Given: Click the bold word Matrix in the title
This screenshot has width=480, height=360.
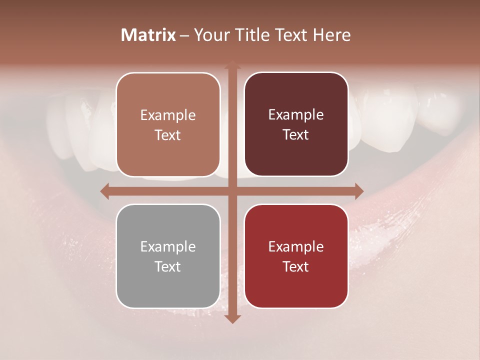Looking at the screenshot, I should click(148, 35).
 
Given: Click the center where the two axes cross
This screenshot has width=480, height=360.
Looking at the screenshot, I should click(232, 191).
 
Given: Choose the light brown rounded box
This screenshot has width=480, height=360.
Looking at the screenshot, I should click(168, 124).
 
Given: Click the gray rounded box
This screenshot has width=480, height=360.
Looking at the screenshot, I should click(168, 256).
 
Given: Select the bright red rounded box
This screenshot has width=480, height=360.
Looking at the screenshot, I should click(296, 256).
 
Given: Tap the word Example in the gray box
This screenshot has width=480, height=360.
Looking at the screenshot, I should click(168, 246).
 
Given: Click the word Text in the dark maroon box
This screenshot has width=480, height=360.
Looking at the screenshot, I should click(296, 134).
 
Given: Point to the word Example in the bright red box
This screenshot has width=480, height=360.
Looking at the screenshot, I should click(296, 246).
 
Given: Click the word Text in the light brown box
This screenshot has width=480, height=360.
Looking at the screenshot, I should click(168, 135).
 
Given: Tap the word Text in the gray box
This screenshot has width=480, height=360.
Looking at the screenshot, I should click(168, 266).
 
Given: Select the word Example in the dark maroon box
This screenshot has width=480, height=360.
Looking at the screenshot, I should click(296, 114).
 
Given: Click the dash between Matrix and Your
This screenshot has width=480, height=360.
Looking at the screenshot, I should click(184, 35).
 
